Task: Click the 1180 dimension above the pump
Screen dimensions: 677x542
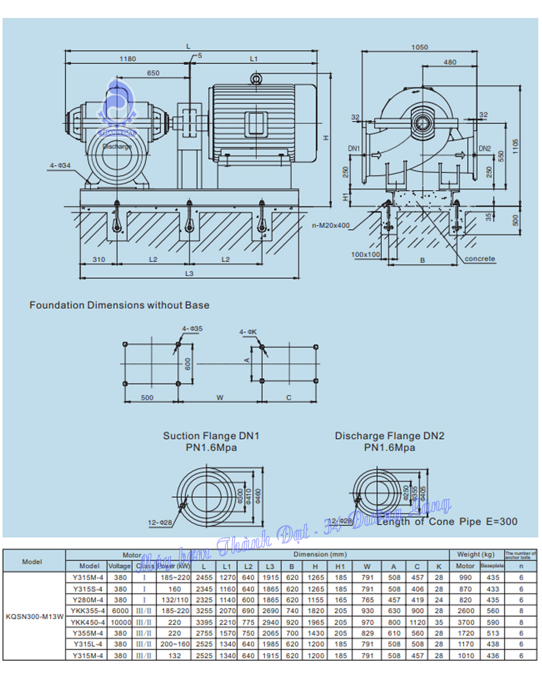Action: (127, 59)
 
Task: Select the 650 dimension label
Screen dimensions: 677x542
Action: (153, 73)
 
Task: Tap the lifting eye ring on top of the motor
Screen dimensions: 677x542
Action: (256, 79)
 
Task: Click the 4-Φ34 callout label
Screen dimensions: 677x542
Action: (60, 166)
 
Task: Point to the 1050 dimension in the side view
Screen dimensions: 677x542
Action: (420, 47)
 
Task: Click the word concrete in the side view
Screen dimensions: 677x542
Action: (480, 259)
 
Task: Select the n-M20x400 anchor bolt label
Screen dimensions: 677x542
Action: (331, 225)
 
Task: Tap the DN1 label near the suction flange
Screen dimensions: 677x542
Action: (354, 148)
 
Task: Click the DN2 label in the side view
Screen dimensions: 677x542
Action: (485, 148)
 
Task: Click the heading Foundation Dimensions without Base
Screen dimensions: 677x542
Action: (119, 305)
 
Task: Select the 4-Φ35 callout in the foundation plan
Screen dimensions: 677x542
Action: (192, 329)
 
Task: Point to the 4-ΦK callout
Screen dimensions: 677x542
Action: (248, 332)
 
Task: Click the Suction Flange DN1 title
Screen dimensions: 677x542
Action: (211, 436)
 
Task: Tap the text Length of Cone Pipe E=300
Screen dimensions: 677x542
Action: (447, 522)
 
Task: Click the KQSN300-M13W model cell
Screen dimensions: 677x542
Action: (34, 617)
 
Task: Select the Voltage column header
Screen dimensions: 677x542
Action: (119, 566)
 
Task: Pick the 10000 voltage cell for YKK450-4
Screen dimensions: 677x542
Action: (121, 622)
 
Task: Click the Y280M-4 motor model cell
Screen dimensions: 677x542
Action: (88, 600)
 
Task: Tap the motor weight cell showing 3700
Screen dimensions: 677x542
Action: (466, 622)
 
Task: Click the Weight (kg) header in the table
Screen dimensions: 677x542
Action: (476, 554)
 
